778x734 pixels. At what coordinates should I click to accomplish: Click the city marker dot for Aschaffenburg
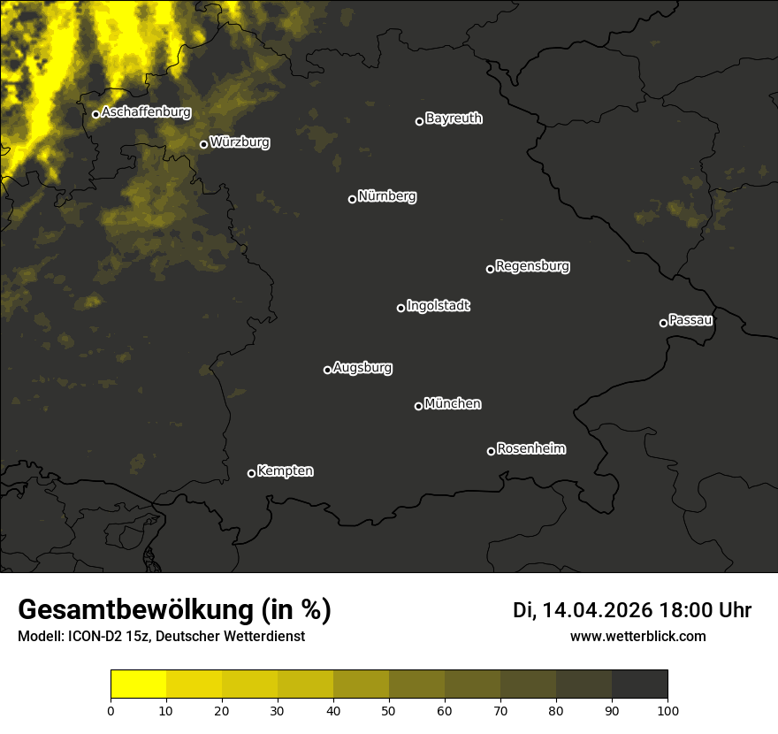tap(95, 114)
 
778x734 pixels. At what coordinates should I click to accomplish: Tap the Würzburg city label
tap(240, 141)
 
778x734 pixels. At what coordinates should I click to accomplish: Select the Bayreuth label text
tap(454, 119)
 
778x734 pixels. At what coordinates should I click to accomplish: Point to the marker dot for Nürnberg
tap(352, 199)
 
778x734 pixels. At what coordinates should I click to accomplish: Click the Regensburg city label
tap(532, 266)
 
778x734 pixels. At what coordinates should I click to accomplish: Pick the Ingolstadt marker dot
tap(400, 308)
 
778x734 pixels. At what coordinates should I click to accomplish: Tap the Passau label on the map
tap(690, 320)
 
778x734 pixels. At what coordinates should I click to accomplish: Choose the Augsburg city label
tap(362, 368)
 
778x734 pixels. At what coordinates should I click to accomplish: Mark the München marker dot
tap(418, 407)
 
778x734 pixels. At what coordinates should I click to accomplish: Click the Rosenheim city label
tap(530, 449)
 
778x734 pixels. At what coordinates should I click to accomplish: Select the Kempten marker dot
tap(251, 473)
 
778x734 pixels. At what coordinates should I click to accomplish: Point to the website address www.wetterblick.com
tap(638, 636)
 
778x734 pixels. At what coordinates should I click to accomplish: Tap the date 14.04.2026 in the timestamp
tap(597, 610)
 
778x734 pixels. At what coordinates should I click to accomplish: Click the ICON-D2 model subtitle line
tap(161, 636)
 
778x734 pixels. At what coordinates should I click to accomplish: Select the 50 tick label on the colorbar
tap(389, 710)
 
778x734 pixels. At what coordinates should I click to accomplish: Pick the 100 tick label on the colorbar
tap(667, 710)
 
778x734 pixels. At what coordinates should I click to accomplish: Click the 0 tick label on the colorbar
tap(111, 710)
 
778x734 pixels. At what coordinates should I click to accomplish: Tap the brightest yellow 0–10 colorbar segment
tap(139, 684)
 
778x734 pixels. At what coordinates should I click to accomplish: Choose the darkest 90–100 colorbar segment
tap(639, 684)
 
